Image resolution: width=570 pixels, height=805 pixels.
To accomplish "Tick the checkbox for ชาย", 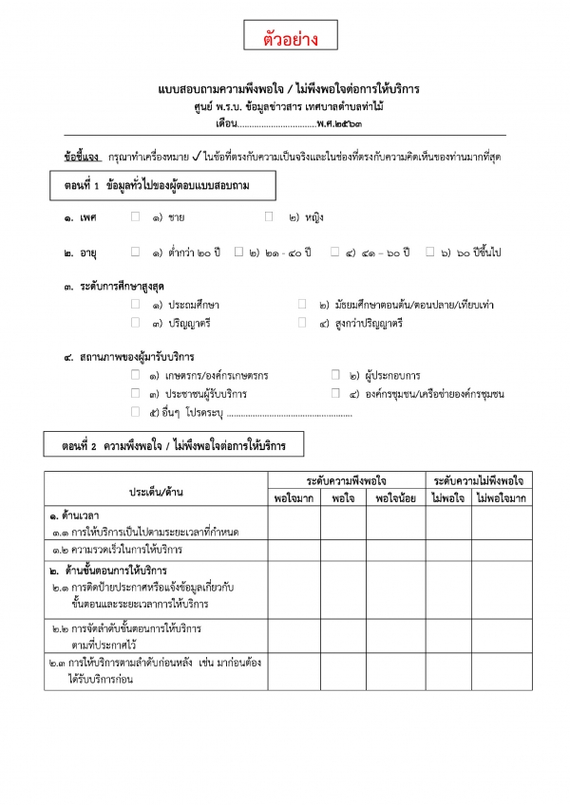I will point(136,217).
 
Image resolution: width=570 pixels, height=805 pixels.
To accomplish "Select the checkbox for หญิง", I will point(270,217).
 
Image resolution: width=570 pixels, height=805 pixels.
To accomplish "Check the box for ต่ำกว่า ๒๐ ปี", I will point(136,253).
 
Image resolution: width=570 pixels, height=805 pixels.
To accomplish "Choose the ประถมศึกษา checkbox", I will point(136,305).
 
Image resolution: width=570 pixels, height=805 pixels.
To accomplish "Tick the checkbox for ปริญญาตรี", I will point(136,324).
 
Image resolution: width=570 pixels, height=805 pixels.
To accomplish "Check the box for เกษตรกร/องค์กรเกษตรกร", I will point(136,375).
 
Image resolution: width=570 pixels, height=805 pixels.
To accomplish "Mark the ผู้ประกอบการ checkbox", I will point(335,375).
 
